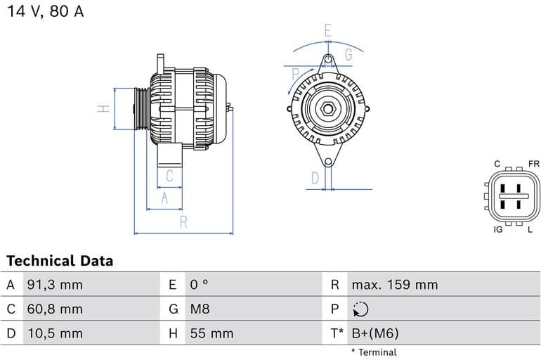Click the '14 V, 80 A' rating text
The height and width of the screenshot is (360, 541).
coord(45,13)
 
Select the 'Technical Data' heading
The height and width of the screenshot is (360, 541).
coord(60,261)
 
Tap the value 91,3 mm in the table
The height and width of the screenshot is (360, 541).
coord(54,285)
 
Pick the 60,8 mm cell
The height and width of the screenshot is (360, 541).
coord(54,309)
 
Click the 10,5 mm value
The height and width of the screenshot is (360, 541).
coord(54,333)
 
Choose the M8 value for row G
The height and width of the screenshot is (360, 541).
coord(200,309)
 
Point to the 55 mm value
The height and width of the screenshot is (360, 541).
coord(211,333)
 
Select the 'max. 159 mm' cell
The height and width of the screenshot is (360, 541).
coord(394,285)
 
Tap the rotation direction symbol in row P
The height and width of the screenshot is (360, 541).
coord(360,309)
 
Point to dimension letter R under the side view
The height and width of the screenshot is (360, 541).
coord(183,222)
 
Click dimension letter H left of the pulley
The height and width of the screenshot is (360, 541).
coord(103,108)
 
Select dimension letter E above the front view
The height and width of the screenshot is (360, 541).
coord(327,30)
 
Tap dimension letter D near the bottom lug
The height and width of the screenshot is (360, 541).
coord(315,178)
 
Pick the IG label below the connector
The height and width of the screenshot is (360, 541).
coord(498,229)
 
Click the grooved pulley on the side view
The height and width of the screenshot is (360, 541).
coord(141,108)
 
